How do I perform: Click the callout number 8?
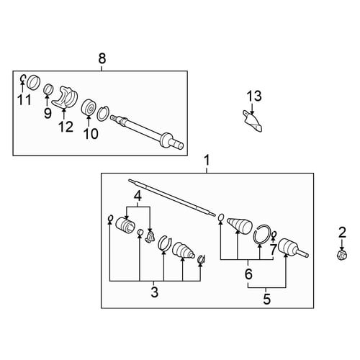pyautogui.click(x=102, y=58)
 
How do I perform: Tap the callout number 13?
pyautogui.click(x=254, y=96)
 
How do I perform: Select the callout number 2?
pyautogui.click(x=342, y=233)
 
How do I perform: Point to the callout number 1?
pyautogui.click(x=207, y=161)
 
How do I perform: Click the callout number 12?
pyautogui.click(x=66, y=127)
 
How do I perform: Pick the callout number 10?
pyautogui.click(x=91, y=134)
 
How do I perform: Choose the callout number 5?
pyautogui.click(x=266, y=300)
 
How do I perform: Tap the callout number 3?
pyautogui.click(x=154, y=292)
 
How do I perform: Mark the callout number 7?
pyautogui.click(x=274, y=250)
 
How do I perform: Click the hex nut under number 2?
pyautogui.click(x=342, y=255)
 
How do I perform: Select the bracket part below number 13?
pyautogui.click(x=253, y=121)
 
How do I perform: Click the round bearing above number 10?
pyautogui.click(x=89, y=107)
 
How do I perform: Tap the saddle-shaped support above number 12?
pyautogui.click(x=65, y=97)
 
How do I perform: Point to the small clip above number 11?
pyautogui.click(x=22, y=78)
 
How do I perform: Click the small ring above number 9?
pyautogui.click(x=48, y=89)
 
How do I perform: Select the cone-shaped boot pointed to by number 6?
pyautogui.click(x=240, y=225)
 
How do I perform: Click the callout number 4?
pyautogui.click(x=138, y=197)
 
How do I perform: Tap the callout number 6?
pyautogui.click(x=248, y=274)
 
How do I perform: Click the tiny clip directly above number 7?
pyautogui.click(x=274, y=234)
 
